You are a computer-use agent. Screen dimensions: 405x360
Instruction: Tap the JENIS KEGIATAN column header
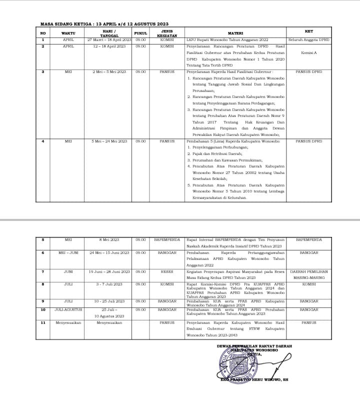(x=167, y=33)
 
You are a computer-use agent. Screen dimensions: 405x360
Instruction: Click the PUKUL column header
(x=140, y=32)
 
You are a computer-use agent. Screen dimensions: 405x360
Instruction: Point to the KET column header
(x=309, y=31)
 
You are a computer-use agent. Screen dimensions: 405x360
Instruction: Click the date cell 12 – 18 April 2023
(x=109, y=46)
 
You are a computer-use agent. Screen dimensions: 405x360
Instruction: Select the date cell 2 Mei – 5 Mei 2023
(x=109, y=71)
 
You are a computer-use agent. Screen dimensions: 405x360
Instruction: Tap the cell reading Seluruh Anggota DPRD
(x=309, y=39)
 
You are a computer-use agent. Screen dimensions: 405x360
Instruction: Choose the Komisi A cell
(x=309, y=52)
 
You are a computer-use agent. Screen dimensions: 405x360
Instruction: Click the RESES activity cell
(x=167, y=271)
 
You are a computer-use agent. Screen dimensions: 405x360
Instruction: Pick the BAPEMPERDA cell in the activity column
(x=167, y=239)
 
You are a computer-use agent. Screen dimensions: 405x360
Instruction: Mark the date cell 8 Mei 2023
(x=109, y=239)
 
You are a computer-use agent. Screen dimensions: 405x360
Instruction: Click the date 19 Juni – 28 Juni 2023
(x=109, y=271)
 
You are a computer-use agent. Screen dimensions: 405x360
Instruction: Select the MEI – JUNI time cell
(x=68, y=252)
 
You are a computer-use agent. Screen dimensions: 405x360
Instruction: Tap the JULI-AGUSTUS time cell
(x=68, y=309)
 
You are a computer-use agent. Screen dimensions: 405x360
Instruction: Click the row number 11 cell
(x=43, y=322)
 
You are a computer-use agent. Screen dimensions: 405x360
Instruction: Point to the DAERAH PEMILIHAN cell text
(x=309, y=271)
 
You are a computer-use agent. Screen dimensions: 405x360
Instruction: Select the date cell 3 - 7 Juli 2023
(x=109, y=284)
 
